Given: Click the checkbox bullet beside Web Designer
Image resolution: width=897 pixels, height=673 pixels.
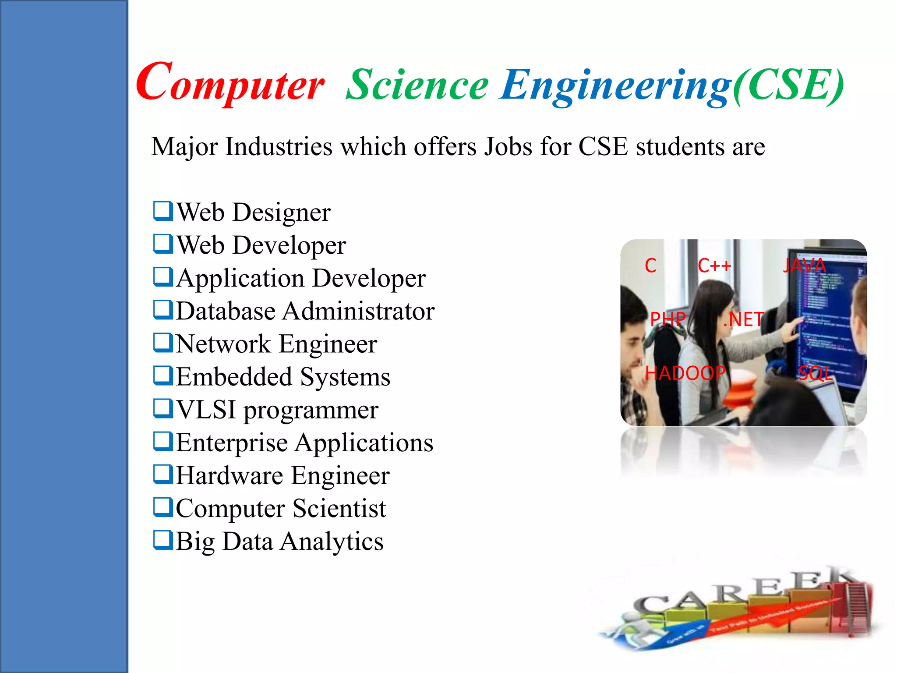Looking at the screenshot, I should click(x=162, y=211).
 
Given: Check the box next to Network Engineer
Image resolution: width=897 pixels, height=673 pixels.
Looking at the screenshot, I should click(x=162, y=343).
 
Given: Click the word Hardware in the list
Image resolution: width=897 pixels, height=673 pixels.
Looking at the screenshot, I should click(x=229, y=475).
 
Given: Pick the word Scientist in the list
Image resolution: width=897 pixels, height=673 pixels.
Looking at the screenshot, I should click(x=339, y=508).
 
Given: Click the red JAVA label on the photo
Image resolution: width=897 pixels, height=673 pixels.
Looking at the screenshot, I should click(x=804, y=266).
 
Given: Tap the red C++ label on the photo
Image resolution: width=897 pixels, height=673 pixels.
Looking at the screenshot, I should click(x=714, y=266).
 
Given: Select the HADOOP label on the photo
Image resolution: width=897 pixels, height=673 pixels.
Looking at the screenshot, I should click(x=685, y=373).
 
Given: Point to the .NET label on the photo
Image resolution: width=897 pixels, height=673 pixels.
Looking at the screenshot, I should click(x=743, y=319).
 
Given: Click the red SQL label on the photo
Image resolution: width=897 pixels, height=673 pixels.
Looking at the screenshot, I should click(x=815, y=373).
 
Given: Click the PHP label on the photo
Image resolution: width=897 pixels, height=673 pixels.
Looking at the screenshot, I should click(x=667, y=319).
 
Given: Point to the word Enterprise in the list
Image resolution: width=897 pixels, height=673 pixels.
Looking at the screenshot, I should click(x=232, y=443).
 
